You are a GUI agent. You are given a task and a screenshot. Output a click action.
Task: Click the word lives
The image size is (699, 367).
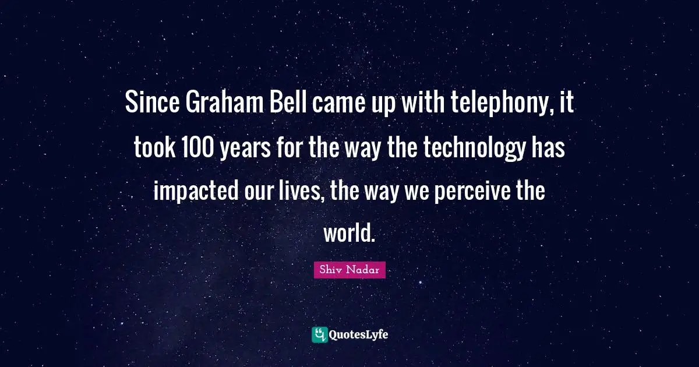(x=300, y=190)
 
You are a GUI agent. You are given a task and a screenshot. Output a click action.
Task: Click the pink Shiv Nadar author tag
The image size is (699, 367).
(x=349, y=270)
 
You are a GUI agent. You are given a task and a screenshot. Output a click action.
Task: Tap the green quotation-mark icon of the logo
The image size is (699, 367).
(x=319, y=334)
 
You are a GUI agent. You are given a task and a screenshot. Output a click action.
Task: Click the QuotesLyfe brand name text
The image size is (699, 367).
(x=359, y=334)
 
